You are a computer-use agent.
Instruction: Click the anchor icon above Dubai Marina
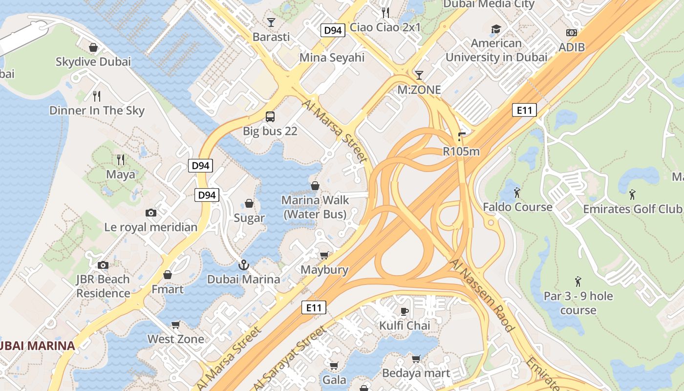243,265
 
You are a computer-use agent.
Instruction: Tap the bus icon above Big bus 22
270,117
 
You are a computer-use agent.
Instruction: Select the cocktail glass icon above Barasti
271,22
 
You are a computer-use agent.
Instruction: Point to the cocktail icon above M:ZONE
419,75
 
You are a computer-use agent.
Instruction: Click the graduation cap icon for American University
496,29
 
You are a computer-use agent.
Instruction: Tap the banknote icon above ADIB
571,33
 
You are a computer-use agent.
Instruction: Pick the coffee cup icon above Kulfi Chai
405,311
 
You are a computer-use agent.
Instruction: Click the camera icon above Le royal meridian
151,213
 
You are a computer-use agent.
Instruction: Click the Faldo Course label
517,207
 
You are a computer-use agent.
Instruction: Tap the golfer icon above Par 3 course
578,282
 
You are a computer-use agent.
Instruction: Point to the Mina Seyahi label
332,58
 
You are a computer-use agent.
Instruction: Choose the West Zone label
176,339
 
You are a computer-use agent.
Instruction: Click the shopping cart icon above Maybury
324,255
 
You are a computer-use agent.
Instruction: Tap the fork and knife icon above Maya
121,159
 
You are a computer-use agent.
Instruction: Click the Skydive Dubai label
93,62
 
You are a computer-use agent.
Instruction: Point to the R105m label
461,152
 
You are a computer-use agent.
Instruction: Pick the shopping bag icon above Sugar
249,203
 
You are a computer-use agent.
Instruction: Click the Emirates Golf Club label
632,209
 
